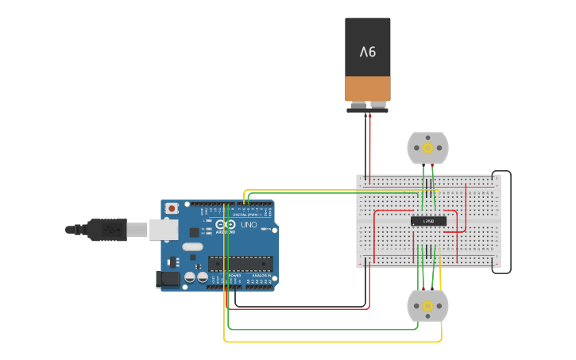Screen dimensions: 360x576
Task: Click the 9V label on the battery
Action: [367, 52]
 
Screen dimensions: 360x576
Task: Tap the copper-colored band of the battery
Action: [367, 87]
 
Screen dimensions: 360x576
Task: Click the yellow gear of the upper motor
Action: [427, 148]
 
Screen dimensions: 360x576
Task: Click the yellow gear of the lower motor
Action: [427, 306]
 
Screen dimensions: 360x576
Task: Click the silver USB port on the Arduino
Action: [163, 230]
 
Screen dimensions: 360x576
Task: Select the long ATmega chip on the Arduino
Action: [240, 263]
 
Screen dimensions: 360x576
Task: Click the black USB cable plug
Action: [107, 230]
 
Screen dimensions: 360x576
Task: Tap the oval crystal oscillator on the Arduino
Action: [192, 247]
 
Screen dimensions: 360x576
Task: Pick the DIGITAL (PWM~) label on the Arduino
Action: [248, 215]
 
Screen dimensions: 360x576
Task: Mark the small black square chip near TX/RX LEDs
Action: [193, 232]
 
